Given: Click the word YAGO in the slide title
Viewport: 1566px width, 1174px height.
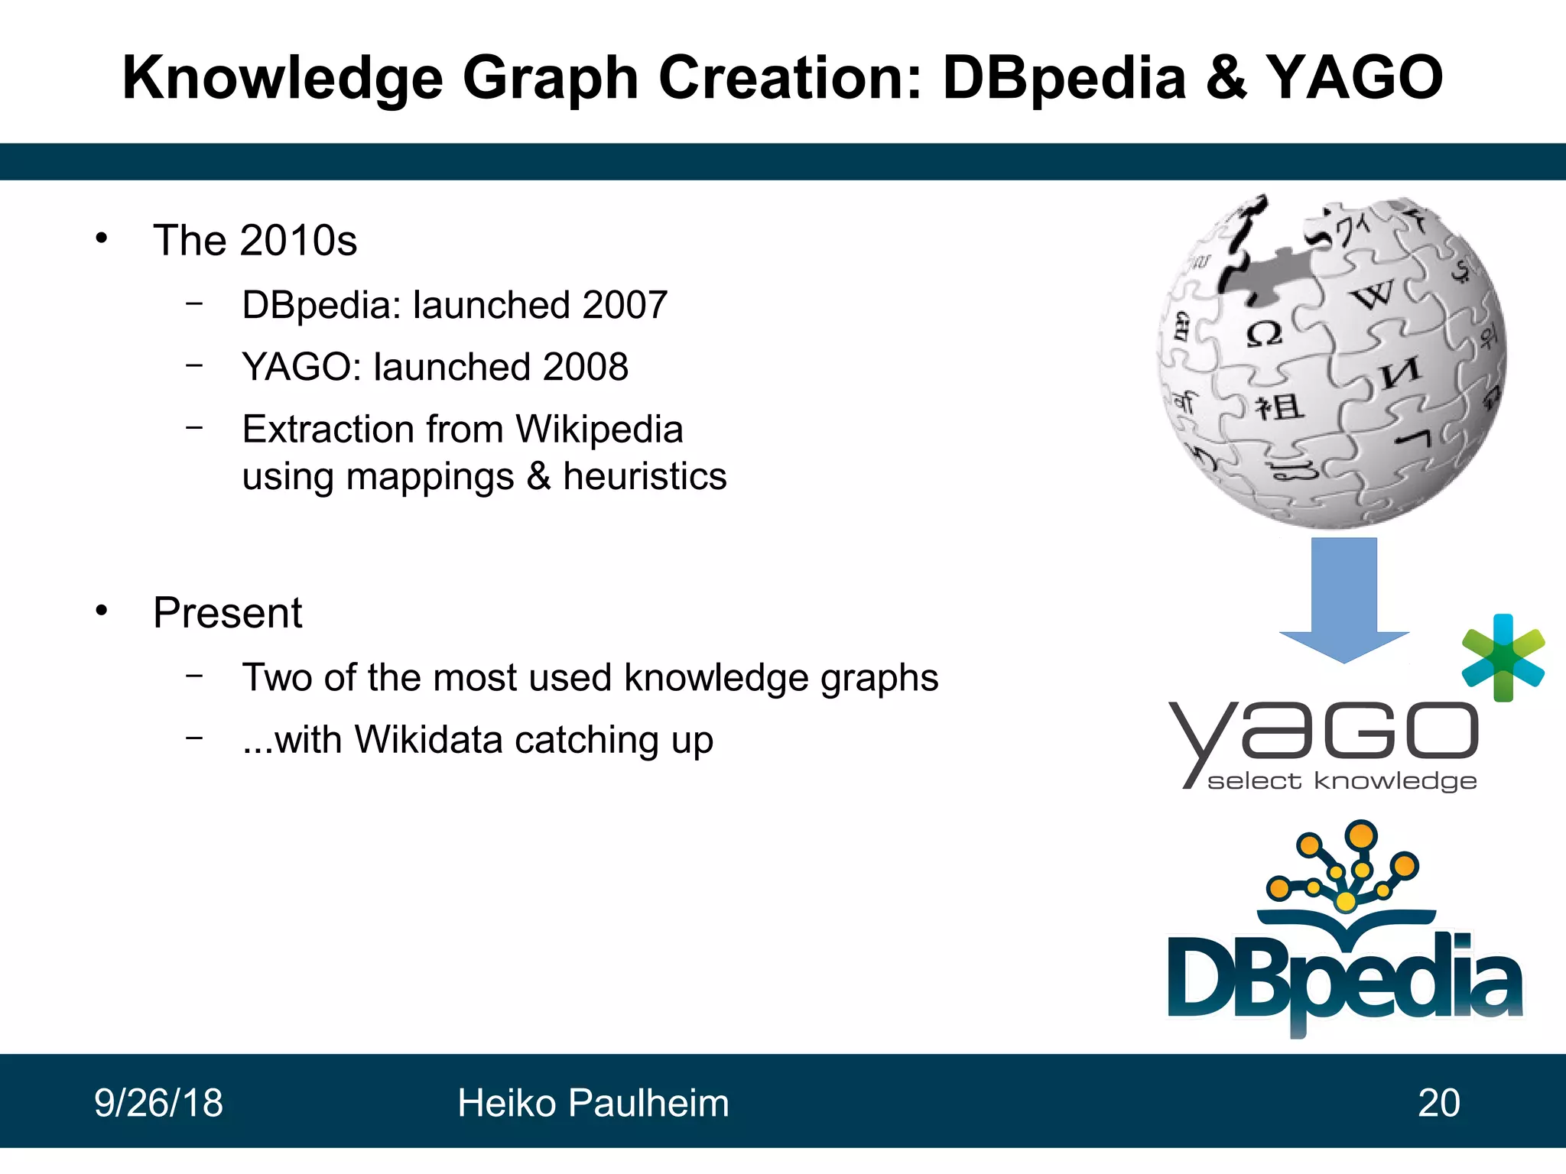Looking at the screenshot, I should point(1354,78).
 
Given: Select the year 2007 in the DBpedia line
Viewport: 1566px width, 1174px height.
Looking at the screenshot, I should point(624,305).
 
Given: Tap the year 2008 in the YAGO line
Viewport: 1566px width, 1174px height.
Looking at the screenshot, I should point(586,367).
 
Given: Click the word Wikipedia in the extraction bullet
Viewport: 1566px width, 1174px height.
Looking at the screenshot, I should point(599,429).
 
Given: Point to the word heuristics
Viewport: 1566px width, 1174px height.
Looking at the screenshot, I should point(645,476).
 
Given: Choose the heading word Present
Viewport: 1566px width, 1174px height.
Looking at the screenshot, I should point(227,613).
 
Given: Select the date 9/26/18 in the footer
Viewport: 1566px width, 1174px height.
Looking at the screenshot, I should point(158,1103).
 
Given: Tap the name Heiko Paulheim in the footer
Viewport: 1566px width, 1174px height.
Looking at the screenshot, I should point(593,1103).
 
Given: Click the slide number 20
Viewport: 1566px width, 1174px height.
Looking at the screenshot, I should point(1438,1103).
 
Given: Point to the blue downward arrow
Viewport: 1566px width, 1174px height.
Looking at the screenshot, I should point(1343,597).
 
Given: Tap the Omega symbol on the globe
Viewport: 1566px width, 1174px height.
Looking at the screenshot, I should point(1263,334).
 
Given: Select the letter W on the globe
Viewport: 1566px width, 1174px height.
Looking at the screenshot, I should point(1374,293).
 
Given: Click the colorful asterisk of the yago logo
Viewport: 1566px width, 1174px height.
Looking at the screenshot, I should point(1503,657).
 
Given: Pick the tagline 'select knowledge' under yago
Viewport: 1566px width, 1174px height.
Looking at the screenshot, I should point(1341,781).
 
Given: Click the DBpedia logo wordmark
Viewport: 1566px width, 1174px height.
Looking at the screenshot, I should point(1344,982).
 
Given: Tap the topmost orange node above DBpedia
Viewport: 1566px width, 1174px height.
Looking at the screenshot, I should point(1361,835).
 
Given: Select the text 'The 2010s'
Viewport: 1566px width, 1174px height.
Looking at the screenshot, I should point(255,241).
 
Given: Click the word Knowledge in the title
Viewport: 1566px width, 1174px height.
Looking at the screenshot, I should point(282,78).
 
